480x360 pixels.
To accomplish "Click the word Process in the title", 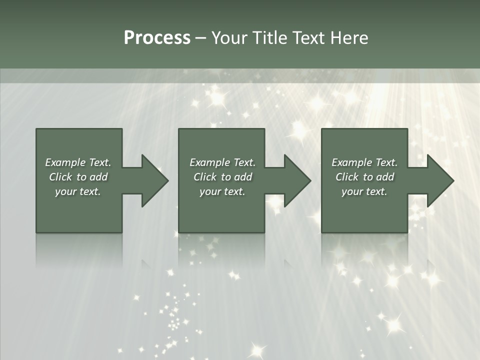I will click(x=157, y=38).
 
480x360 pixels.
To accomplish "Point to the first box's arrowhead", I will click(x=153, y=180).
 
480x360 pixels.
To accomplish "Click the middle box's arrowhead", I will click(x=295, y=180).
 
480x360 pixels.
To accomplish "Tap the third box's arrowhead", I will click(x=438, y=180).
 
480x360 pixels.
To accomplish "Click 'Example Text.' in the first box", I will click(x=78, y=162).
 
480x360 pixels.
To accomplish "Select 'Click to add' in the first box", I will click(x=78, y=177).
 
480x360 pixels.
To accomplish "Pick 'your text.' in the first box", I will click(x=78, y=191).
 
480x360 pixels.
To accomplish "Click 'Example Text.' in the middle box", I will click(x=222, y=162).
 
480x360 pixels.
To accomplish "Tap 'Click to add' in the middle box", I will click(x=222, y=177).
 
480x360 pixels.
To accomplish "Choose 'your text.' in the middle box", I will click(x=222, y=191).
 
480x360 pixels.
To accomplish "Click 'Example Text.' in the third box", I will click(x=364, y=162).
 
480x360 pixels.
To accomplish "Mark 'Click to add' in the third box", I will click(x=364, y=177).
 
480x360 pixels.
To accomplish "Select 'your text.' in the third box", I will click(x=364, y=191).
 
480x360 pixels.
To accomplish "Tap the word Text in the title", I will click(x=308, y=38).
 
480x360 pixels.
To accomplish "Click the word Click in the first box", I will click(x=60, y=177).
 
